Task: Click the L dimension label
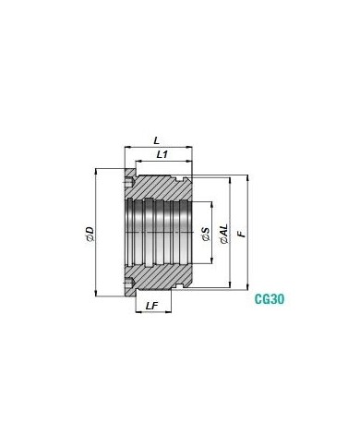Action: click(x=157, y=141)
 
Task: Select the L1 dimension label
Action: click(x=162, y=154)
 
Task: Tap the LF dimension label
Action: click(x=151, y=306)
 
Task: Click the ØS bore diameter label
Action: click(x=206, y=234)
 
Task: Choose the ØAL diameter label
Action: click(x=225, y=234)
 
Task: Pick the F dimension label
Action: click(x=243, y=234)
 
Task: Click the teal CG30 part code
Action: click(x=270, y=299)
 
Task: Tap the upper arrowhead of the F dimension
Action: click(x=247, y=177)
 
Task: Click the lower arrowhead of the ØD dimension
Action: click(x=96, y=293)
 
